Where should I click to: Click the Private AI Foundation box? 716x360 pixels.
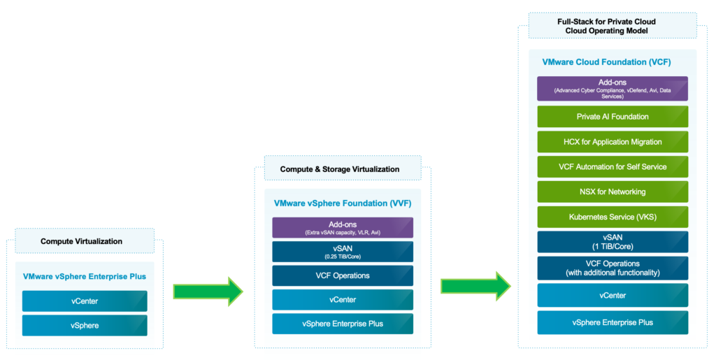pos(613,116)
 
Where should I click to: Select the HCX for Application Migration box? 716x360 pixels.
pos(613,141)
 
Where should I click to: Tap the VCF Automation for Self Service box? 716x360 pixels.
pos(613,166)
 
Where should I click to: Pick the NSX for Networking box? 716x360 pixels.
pos(613,192)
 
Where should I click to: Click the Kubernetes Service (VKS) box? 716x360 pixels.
pos(613,217)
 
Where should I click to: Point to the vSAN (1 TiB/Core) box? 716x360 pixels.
pos(613,242)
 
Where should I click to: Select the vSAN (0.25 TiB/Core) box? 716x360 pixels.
pos(342,252)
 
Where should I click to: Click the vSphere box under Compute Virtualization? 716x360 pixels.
pos(85,325)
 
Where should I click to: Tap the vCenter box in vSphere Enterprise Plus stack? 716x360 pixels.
pos(85,301)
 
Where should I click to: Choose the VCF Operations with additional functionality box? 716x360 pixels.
pos(613,268)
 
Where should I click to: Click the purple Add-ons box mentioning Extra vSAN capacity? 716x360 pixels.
pos(342,227)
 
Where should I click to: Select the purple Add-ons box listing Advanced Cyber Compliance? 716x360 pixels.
pos(613,89)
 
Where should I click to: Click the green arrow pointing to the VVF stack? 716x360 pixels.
pos(207,289)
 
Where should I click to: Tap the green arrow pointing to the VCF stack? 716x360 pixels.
pos(475,285)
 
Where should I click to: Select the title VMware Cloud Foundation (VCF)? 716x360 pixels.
pos(606,62)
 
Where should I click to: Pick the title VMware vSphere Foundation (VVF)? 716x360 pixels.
pos(342,203)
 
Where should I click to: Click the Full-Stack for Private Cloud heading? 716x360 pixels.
pos(606,27)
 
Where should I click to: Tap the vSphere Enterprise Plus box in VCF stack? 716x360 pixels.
pos(613,322)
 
